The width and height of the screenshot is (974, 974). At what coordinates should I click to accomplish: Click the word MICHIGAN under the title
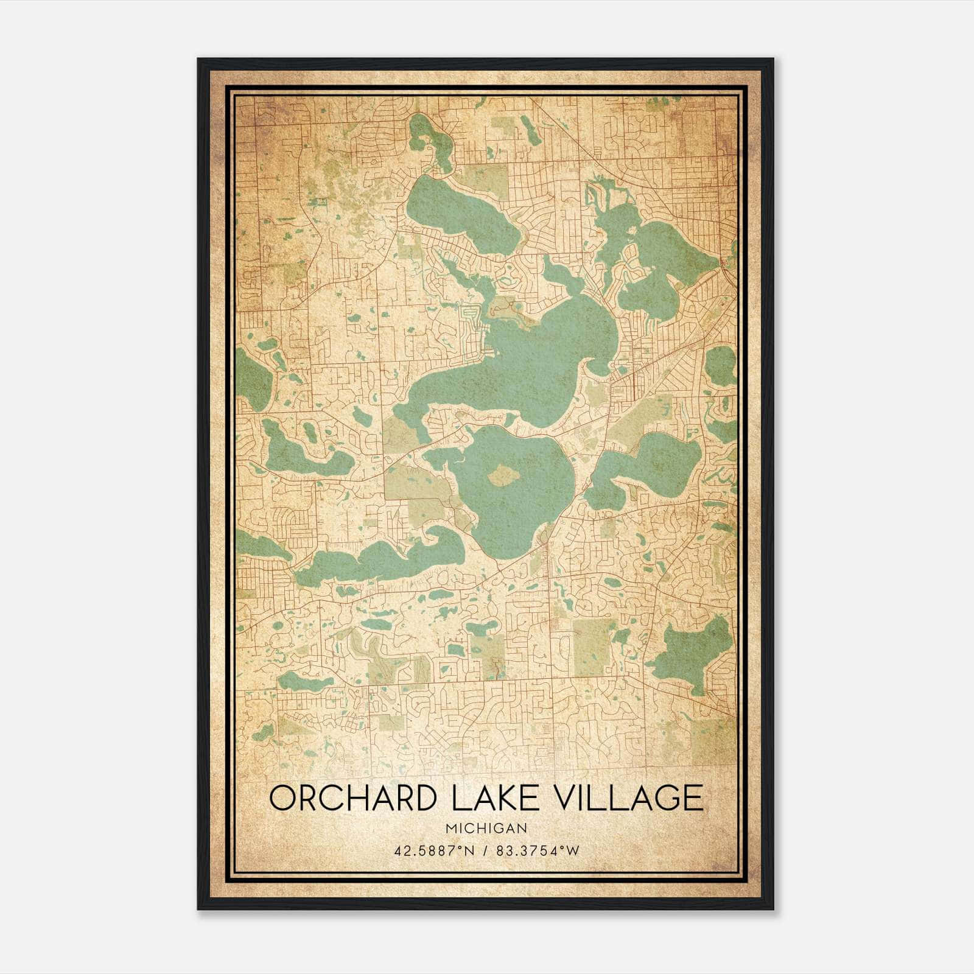coord(486,828)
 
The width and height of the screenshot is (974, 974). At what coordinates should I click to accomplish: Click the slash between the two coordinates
coord(483,851)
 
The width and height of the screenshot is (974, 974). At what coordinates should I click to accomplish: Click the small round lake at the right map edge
coord(721,365)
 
